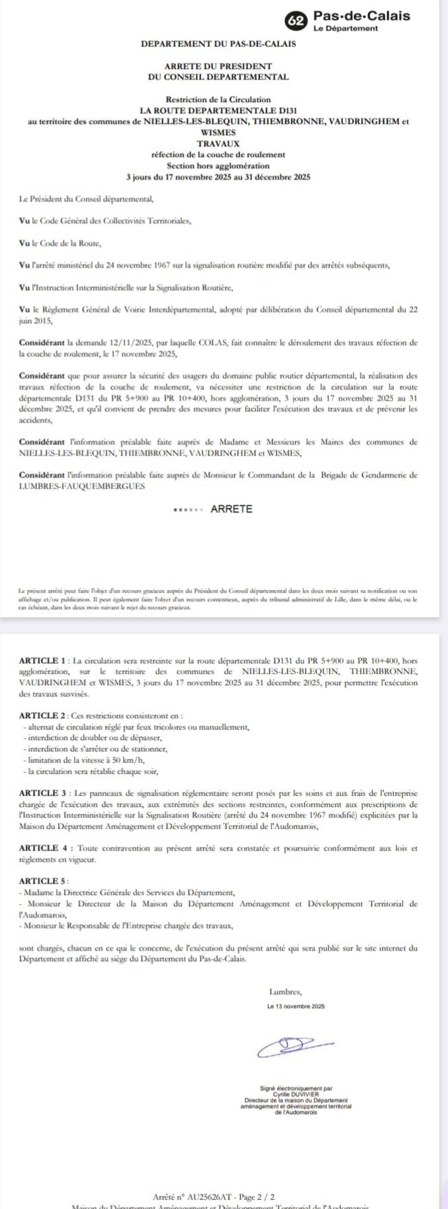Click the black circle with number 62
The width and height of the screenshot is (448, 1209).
point(296,21)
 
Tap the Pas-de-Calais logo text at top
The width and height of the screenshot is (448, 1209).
point(361,16)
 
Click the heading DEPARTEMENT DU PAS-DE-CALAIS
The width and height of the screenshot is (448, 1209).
point(218,44)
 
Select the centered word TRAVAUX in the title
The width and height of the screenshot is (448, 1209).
point(218,144)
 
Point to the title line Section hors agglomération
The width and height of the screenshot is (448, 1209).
point(218,166)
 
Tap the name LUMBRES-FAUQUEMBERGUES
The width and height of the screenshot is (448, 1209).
point(82,486)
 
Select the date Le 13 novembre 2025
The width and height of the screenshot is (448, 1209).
point(296,1006)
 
